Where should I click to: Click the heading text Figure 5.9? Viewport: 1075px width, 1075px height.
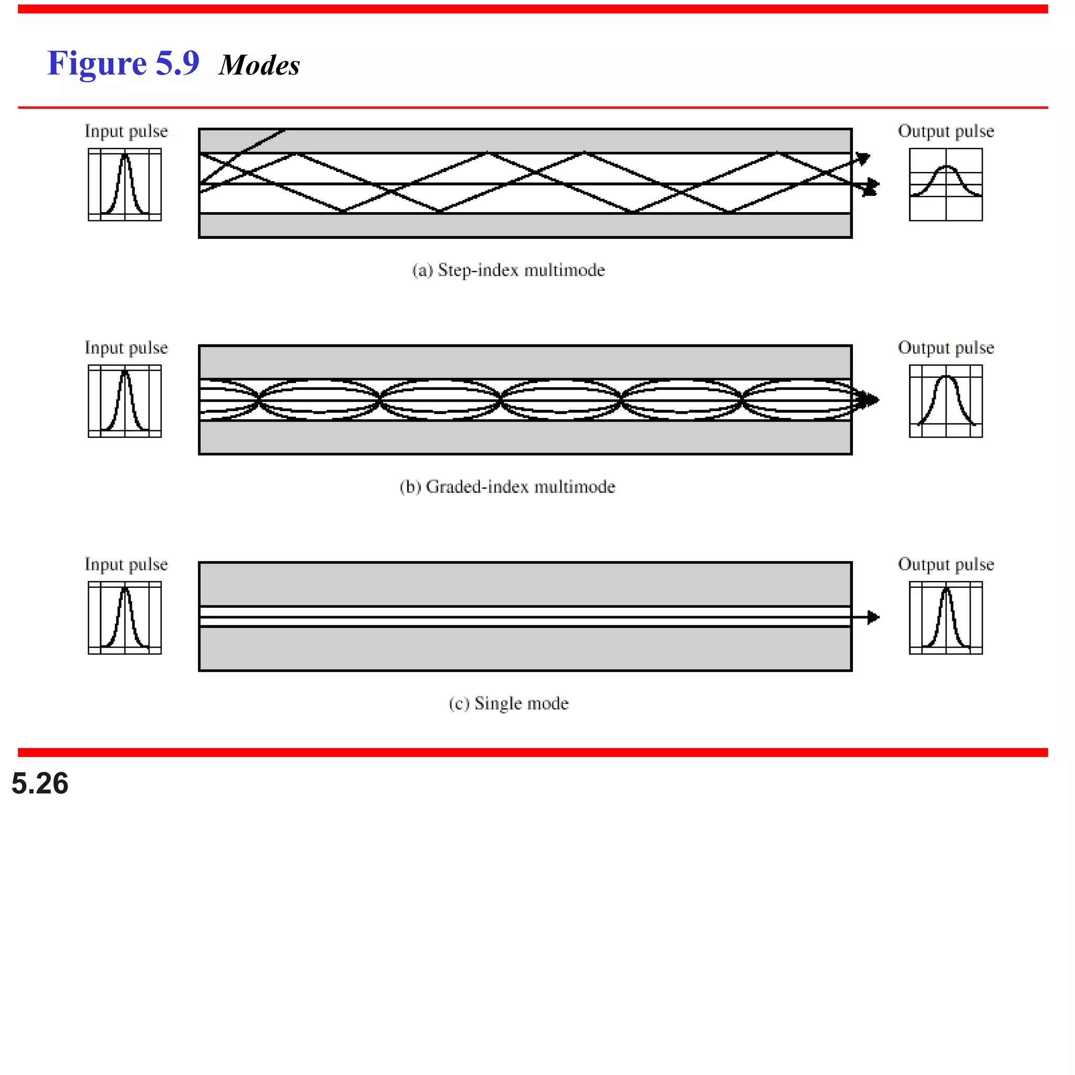point(123,64)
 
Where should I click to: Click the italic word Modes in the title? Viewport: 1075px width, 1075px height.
point(259,66)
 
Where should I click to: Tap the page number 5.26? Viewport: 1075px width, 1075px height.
point(39,784)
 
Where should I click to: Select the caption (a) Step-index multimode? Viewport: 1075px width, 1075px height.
point(508,270)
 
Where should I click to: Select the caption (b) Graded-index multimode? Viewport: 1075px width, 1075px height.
point(507,487)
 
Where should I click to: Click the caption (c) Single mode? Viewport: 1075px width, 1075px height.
point(508,703)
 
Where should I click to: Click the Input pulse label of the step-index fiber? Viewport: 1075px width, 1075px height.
point(126,131)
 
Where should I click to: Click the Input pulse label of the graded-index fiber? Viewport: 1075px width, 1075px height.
point(126,348)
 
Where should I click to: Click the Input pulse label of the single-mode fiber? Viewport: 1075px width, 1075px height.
point(126,564)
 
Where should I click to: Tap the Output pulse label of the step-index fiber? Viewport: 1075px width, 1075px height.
point(945,131)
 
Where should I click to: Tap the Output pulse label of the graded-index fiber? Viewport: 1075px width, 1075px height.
point(945,348)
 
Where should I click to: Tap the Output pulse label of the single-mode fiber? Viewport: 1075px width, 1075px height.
point(945,564)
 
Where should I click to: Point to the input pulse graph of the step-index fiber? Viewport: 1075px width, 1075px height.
point(124,185)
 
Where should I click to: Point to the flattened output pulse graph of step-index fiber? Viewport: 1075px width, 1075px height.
point(945,185)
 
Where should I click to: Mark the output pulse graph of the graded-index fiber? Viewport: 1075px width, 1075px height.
point(945,401)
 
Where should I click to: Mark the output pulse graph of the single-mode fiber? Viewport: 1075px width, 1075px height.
point(945,618)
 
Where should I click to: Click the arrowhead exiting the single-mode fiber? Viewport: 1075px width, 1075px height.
point(873,617)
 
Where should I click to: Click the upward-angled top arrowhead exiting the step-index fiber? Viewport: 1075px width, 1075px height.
point(864,159)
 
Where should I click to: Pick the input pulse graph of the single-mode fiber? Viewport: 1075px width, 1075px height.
point(124,618)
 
